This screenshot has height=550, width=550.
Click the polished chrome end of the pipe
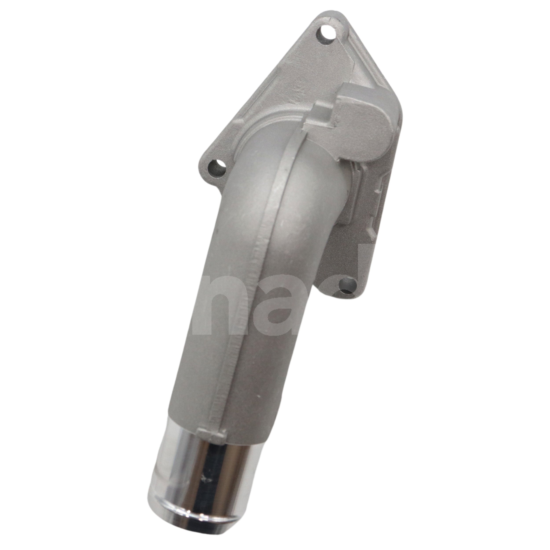(x=199, y=441)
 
